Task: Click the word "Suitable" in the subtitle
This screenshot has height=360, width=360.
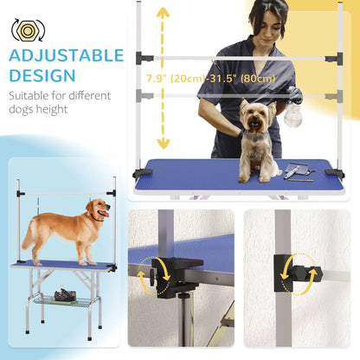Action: coord(33,98)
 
